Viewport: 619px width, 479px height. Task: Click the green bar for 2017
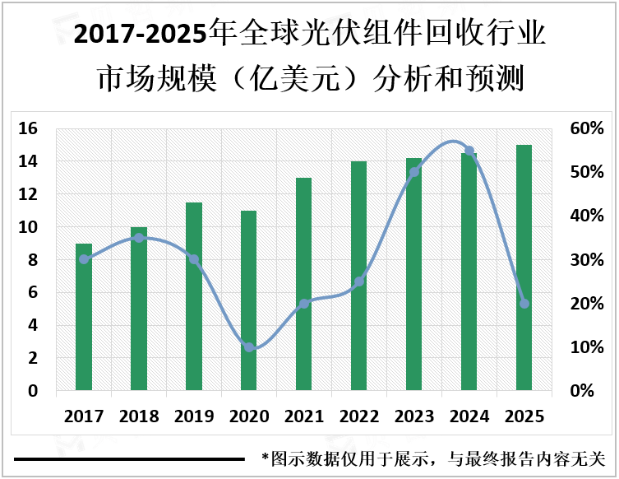click(84, 317)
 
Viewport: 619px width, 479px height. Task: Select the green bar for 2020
click(249, 300)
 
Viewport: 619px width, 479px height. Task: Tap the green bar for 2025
click(524, 267)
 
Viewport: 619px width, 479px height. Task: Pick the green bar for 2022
click(359, 276)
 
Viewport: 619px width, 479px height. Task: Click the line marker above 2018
click(139, 238)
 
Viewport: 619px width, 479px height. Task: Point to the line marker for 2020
click(249, 347)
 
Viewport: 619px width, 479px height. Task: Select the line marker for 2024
click(469, 151)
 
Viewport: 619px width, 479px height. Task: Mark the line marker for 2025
click(524, 304)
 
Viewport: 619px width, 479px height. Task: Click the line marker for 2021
click(304, 304)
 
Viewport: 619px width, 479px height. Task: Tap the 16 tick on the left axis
click(28, 128)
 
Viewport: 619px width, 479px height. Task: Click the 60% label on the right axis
click(587, 128)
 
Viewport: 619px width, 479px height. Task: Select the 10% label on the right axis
click(587, 347)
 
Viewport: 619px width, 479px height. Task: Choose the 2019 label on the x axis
click(194, 417)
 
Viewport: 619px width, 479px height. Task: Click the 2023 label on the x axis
click(414, 417)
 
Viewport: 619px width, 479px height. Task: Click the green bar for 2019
click(194, 296)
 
